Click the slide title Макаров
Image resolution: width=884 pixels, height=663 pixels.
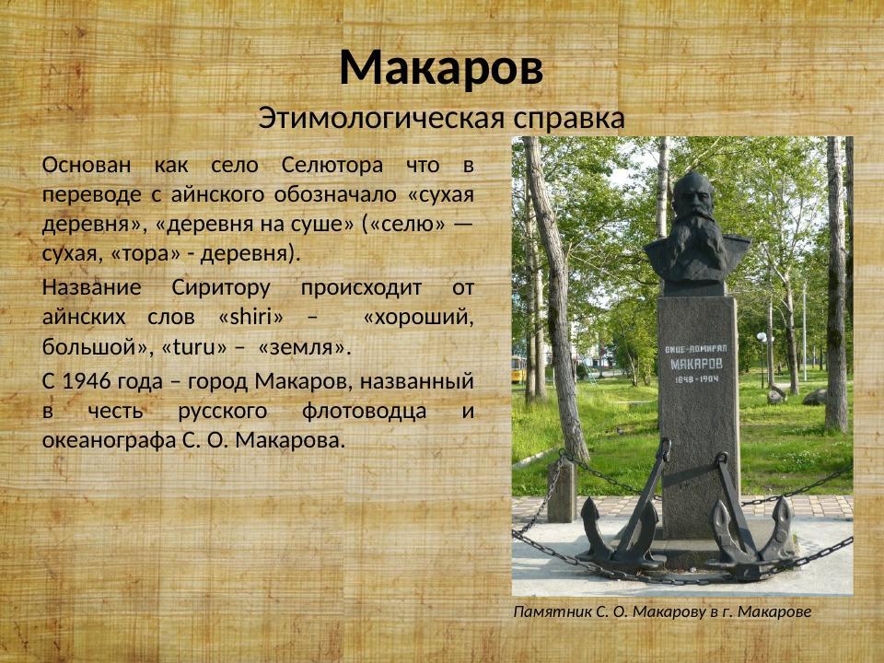[x=441, y=67]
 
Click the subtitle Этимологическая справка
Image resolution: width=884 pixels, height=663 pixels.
[x=441, y=118]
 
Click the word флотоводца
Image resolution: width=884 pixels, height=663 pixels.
[x=358, y=411]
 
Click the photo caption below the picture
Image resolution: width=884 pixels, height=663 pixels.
[x=662, y=611]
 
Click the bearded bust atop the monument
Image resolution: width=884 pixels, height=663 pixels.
[x=696, y=230]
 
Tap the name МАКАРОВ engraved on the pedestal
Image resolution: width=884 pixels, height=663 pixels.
[x=697, y=364]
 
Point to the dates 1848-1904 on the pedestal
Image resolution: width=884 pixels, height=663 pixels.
[x=697, y=379]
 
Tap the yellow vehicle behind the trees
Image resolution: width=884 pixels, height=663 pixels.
[x=518, y=370]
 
